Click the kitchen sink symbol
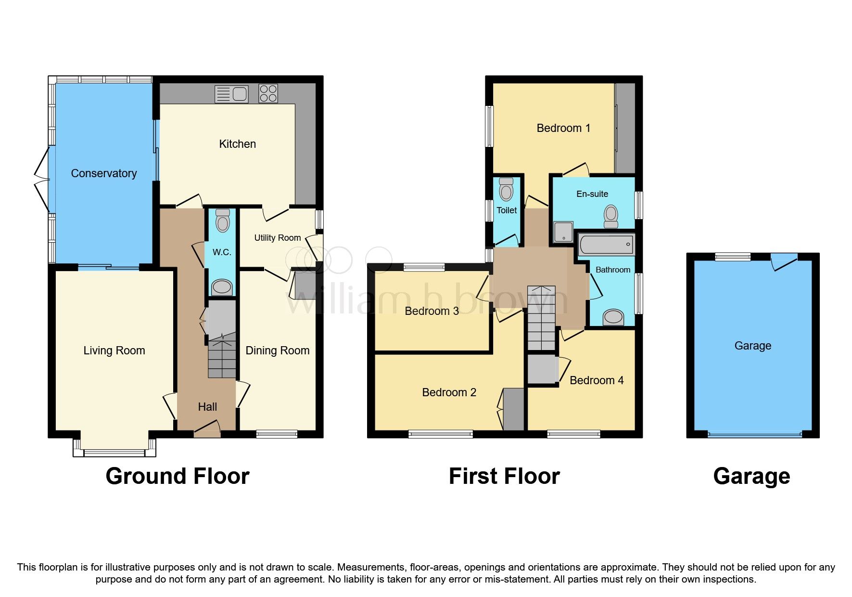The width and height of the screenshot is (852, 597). [231, 94]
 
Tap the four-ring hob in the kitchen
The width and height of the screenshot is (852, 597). [268, 93]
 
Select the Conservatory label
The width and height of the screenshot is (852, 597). [104, 173]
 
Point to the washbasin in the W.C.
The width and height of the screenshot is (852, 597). [222, 287]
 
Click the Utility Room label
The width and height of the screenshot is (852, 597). [277, 238]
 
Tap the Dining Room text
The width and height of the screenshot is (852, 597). [277, 350]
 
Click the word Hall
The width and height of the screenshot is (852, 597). [207, 407]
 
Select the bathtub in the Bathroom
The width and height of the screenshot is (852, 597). [605, 245]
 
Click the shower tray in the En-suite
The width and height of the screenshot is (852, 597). [563, 232]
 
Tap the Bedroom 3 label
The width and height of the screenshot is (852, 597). [432, 311]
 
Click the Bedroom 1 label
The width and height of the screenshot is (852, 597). [563, 128]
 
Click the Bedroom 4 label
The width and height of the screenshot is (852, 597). [596, 380]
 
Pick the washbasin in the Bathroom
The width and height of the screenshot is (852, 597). [613, 316]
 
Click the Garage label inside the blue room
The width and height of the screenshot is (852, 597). [752, 346]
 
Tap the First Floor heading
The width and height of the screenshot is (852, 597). [504, 476]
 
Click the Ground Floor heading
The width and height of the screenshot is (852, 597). [177, 476]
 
